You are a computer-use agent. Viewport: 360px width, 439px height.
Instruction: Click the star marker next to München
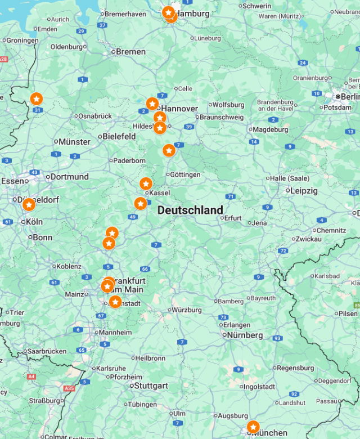coord(253,428)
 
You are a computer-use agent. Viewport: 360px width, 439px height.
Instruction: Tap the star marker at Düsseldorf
coord(29,205)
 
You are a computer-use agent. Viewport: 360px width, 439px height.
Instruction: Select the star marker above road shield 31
coord(36,99)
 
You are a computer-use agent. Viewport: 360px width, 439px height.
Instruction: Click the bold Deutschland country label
coord(190,210)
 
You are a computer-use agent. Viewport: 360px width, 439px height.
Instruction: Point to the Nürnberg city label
coord(245,335)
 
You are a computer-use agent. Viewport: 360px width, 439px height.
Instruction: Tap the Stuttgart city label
coord(151,386)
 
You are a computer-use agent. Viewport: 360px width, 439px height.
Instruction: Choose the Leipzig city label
coord(304,191)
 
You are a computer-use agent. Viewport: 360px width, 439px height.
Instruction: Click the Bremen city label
coord(130,52)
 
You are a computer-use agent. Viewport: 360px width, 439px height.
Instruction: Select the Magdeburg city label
coord(270,129)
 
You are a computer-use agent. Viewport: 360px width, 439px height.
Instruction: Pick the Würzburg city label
coord(186,310)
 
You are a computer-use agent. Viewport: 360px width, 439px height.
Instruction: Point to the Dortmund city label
coord(69,177)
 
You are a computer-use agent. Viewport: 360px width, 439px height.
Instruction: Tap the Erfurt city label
coord(232,218)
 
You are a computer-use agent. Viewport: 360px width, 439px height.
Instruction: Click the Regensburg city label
coord(295,368)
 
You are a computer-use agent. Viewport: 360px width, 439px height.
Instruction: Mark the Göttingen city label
coord(184,174)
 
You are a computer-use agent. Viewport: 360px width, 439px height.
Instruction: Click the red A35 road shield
coord(69,388)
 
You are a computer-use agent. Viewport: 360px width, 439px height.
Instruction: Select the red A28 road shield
coord(3,59)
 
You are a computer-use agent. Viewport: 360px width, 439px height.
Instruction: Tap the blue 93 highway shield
coord(277,338)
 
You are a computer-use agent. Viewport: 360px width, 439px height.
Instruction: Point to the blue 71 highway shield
coord(231,196)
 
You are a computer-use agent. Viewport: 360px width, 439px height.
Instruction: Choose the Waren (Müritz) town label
coord(279,16)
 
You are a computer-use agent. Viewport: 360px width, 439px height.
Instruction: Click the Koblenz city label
coord(69,266)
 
